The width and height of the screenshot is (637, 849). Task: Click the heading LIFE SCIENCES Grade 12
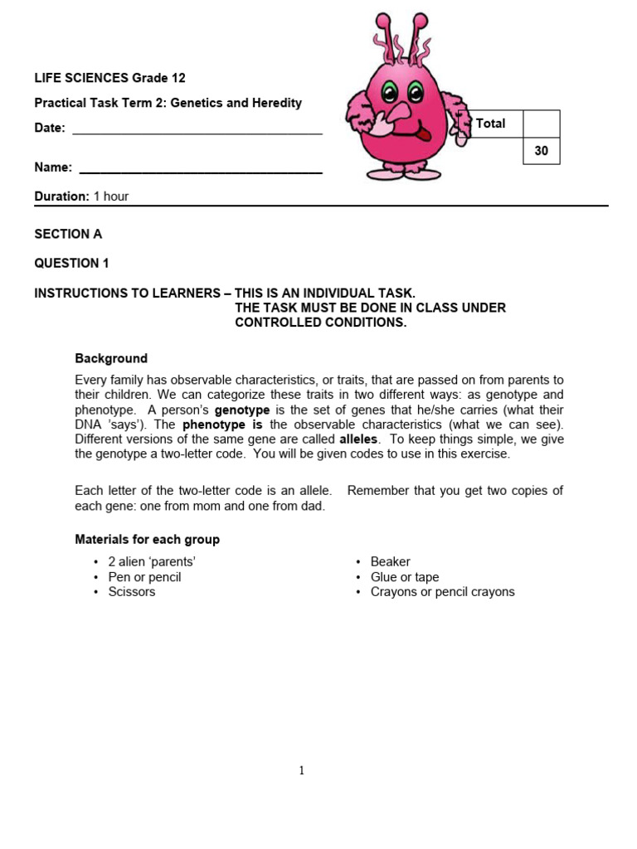point(109,78)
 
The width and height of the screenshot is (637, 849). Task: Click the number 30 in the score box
point(541,152)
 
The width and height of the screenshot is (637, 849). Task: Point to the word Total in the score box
point(490,124)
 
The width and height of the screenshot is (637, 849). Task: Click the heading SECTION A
point(68,234)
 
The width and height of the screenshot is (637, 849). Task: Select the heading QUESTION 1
point(71,264)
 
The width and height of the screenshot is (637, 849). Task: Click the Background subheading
point(111,358)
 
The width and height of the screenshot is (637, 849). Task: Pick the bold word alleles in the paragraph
point(358,439)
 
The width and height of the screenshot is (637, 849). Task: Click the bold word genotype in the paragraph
point(242,410)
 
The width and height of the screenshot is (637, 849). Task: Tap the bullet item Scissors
point(131,592)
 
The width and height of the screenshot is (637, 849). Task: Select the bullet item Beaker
point(390,562)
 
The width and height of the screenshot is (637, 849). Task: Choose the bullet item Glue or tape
point(404,577)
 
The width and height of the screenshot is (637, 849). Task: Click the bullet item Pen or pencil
point(144,577)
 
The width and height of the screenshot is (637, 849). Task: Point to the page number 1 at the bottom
point(301,770)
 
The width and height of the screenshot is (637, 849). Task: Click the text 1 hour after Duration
point(110,196)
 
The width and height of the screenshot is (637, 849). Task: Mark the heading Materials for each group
point(147,539)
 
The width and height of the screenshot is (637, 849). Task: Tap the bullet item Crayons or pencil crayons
point(442,592)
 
